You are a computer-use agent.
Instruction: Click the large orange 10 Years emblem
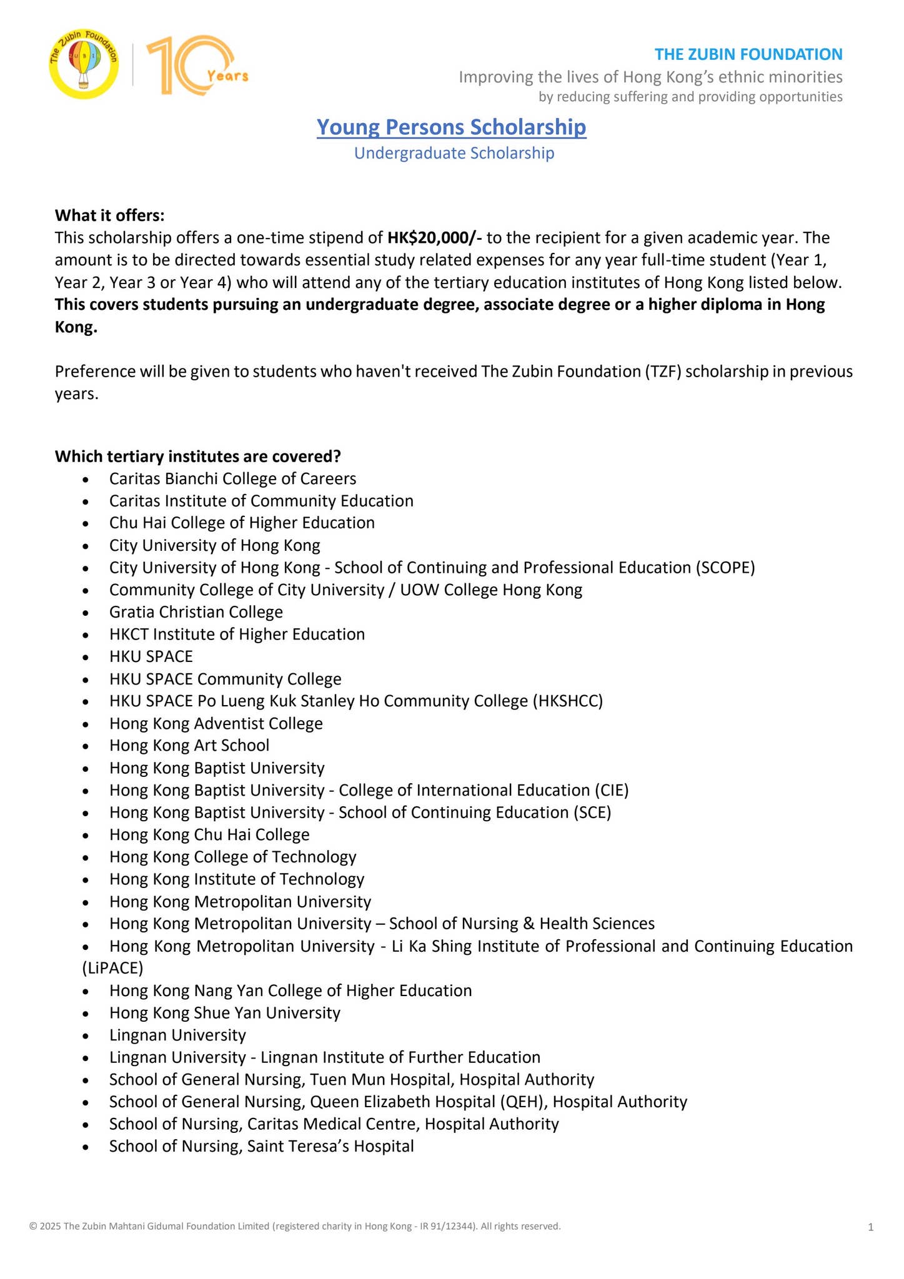(x=197, y=66)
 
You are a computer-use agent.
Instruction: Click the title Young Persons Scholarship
(x=451, y=127)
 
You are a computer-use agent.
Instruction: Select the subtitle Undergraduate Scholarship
(x=454, y=153)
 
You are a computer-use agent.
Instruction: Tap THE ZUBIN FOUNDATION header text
(x=748, y=54)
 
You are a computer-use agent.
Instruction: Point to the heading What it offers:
(x=109, y=215)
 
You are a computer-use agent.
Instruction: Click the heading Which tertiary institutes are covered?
(x=197, y=457)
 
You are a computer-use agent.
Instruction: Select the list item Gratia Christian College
(x=196, y=612)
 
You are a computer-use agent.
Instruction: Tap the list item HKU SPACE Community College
(x=225, y=679)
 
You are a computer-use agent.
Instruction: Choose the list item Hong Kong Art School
(x=189, y=746)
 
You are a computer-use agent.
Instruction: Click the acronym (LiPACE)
(x=112, y=969)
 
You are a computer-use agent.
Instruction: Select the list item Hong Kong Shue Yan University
(x=224, y=1013)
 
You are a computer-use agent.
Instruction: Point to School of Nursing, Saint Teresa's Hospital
(x=261, y=1147)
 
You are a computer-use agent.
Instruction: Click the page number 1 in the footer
(x=870, y=1228)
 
